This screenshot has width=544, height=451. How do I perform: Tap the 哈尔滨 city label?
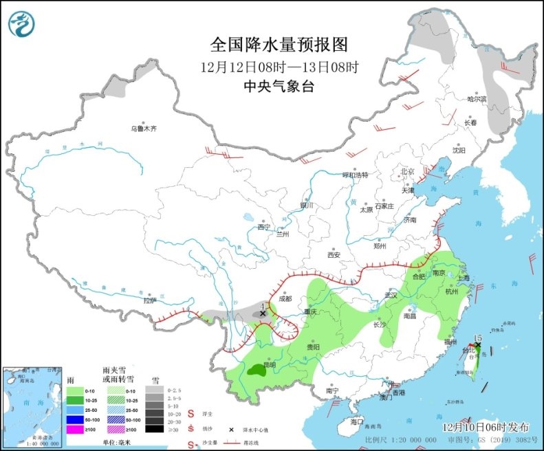pos(477,99)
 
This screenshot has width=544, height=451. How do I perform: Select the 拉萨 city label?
pos(149,300)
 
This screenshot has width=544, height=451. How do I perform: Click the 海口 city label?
pos(356,421)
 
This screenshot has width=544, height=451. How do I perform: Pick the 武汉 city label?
pos(391,294)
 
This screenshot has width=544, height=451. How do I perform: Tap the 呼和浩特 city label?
pos(356,175)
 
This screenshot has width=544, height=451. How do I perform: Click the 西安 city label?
pos(334,254)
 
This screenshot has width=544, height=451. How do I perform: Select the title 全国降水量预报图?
pos(279,45)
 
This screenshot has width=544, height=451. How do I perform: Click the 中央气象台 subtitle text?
pos(279,86)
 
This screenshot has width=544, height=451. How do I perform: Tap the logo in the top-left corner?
pos(23,24)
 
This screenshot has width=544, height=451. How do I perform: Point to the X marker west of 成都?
pos(262,313)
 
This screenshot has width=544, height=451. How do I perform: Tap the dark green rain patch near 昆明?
pos(259,371)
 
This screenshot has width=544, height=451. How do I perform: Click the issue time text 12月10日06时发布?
pos(486,426)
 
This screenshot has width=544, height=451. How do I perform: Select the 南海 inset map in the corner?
pos(30,405)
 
